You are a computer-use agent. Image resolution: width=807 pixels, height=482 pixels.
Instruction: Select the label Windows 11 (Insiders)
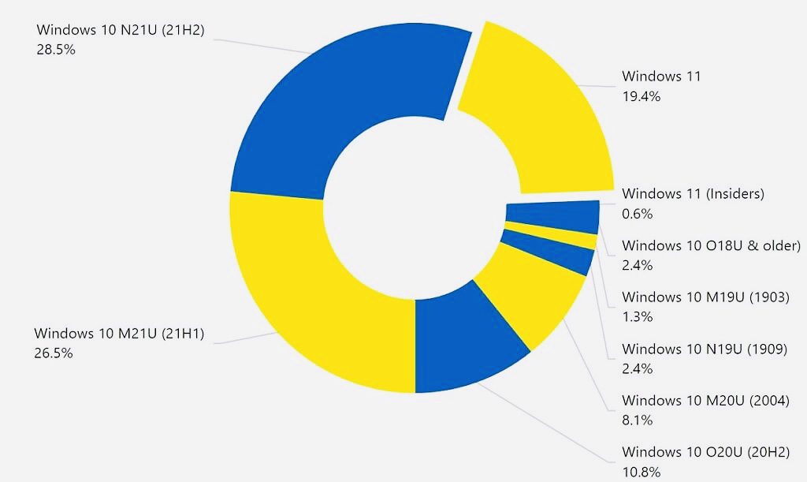click(x=693, y=194)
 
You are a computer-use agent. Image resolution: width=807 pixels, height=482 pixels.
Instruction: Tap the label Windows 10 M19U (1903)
click(x=705, y=297)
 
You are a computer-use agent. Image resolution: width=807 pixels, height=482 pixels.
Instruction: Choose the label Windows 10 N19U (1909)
click(x=704, y=349)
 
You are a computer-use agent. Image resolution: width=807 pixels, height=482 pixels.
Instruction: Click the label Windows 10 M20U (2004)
click(x=705, y=401)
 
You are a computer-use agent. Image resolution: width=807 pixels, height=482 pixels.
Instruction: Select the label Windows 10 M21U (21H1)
click(x=119, y=334)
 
